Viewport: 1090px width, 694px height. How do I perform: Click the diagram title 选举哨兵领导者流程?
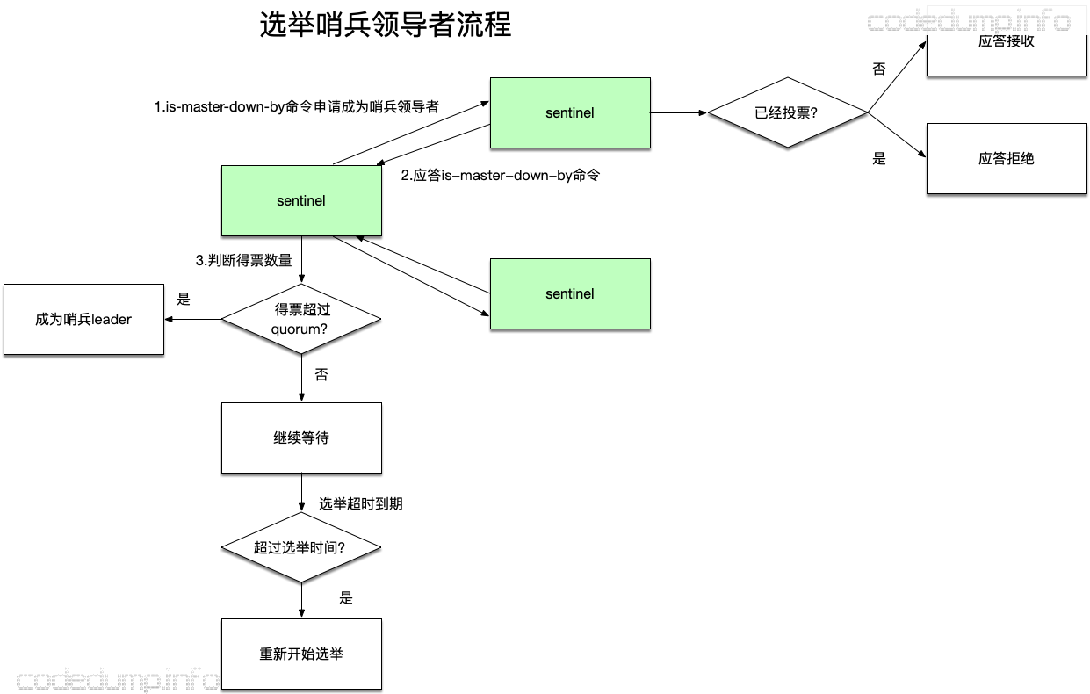386,25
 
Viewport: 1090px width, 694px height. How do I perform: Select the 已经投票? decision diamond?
787,112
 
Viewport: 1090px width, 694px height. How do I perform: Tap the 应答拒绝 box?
1007,159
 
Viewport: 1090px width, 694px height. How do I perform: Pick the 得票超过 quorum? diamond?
301,319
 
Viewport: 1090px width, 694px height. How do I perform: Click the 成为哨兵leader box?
83,319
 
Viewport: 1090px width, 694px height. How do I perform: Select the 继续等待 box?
301,438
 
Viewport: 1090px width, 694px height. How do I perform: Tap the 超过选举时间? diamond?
301,547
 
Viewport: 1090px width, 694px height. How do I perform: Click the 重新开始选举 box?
301,654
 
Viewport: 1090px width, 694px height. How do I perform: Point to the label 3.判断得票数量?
243,260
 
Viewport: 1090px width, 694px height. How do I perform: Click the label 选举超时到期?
361,503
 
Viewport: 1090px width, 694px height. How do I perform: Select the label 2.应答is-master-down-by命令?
501,175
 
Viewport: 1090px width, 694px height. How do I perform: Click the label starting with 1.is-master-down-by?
296,106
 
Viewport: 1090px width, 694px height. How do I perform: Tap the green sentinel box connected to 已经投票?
570,113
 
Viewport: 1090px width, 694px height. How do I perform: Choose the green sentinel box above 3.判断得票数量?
301,201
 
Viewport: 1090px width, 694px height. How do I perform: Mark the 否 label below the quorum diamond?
321,375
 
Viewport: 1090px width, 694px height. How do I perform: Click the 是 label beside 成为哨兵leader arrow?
184,299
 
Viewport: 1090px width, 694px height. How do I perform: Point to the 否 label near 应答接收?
879,69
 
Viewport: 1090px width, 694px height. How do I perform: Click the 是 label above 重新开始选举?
346,597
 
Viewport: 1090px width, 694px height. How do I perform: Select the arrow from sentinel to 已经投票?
679,113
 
